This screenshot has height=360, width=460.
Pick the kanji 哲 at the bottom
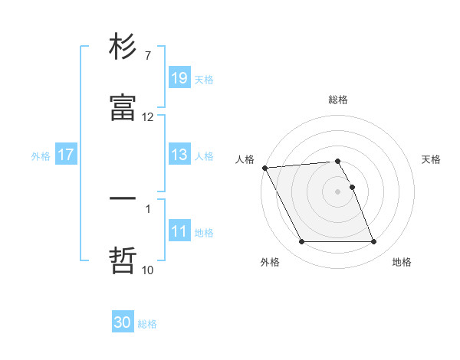[123, 259]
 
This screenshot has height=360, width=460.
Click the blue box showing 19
[179, 78]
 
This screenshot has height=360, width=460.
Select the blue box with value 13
[179, 155]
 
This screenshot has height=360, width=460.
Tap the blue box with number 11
[179, 231]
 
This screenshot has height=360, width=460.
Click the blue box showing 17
[66, 155]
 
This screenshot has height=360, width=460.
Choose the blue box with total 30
[123, 322]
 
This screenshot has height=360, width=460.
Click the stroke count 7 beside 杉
[147, 56]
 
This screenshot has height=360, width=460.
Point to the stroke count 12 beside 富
[147, 116]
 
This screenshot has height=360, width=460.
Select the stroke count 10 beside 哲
[147, 270]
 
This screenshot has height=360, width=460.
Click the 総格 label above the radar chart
[338, 100]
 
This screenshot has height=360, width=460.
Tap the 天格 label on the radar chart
[432, 159]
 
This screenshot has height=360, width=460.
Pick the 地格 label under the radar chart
[402, 262]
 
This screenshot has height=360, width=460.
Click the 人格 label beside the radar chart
[245, 159]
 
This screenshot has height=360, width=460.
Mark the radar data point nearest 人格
[264, 168]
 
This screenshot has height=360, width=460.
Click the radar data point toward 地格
[373, 242]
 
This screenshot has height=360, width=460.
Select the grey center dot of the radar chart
[338, 191]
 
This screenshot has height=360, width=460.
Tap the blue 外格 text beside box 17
[41, 155]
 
